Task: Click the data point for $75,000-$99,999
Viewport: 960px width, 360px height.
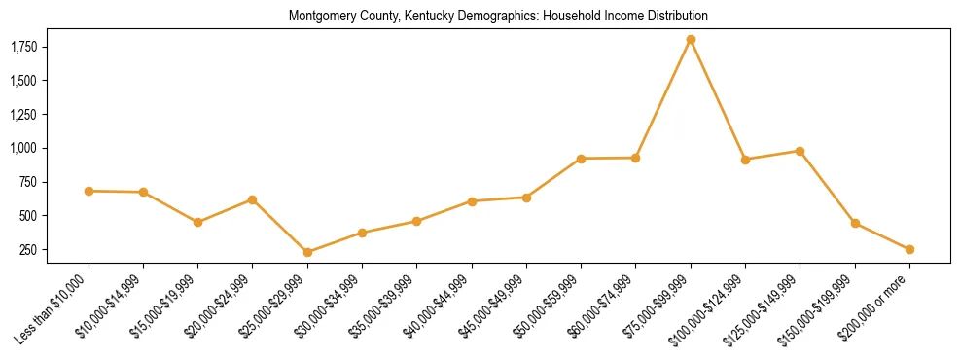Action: (x=691, y=40)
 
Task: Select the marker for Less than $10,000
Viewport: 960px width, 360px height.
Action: (x=89, y=191)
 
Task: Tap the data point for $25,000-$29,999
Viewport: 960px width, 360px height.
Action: (x=307, y=252)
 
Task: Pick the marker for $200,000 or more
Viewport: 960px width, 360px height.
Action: (x=909, y=249)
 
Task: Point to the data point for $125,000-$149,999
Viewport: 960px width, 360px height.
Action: (x=800, y=151)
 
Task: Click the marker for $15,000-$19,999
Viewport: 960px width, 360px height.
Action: (x=198, y=222)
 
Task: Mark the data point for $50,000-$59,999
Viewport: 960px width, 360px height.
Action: (x=581, y=159)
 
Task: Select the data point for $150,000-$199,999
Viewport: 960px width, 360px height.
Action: (x=855, y=223)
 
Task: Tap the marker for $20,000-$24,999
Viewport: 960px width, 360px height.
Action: (x=253, y=199)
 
